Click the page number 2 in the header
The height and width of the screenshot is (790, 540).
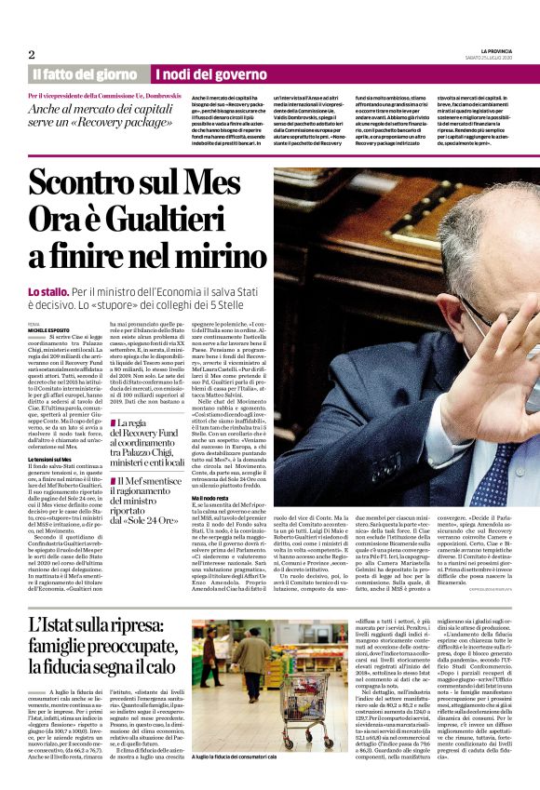tap(32, 54)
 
